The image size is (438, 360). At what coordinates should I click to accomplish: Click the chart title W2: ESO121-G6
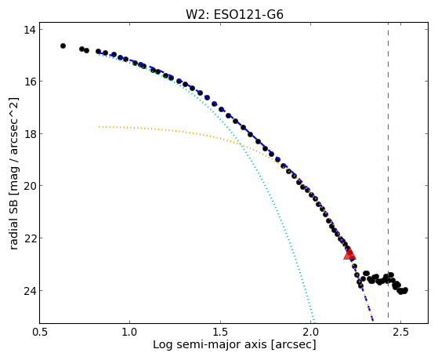[x=234, y=14]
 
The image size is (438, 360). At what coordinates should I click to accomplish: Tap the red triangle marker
[x=349, y=253]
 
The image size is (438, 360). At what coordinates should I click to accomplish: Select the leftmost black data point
[x=63, y=45]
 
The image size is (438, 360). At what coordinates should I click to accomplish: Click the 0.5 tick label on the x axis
[x=39, y=333]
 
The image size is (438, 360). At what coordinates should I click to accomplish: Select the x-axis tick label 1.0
[x=129, y=333]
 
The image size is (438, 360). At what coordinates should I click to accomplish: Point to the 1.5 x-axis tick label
[x=220, y=333]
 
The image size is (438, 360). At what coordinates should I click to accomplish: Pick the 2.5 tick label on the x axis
[x=401, y=333]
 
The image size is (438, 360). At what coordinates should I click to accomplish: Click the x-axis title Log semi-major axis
[x=210, y=345]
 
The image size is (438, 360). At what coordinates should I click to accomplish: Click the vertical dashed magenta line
[x=389, y=173]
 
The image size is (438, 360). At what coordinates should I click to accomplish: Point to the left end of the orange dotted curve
[x=100, y=127]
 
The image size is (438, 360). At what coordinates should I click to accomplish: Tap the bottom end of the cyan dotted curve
[x=314, y=322]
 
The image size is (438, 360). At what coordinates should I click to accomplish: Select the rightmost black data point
[x=406, y=289]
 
